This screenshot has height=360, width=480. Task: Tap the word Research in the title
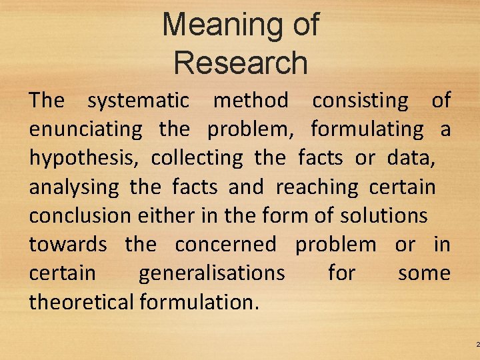tap(241, 63)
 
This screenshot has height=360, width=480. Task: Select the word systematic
tap(139, 101)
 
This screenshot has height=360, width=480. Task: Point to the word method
tap(251, 101)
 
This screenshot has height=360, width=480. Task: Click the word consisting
tap(361, 101)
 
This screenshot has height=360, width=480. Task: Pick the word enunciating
tap(85, 129)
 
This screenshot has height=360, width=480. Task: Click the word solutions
tap(383, 216)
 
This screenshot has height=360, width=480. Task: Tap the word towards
tap(67, 245)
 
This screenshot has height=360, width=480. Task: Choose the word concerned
tap(225, 245)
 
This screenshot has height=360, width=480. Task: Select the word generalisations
tap(211, 273)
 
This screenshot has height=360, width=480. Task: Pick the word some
tap(424, 273)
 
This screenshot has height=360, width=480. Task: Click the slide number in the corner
tap(477, 344)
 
